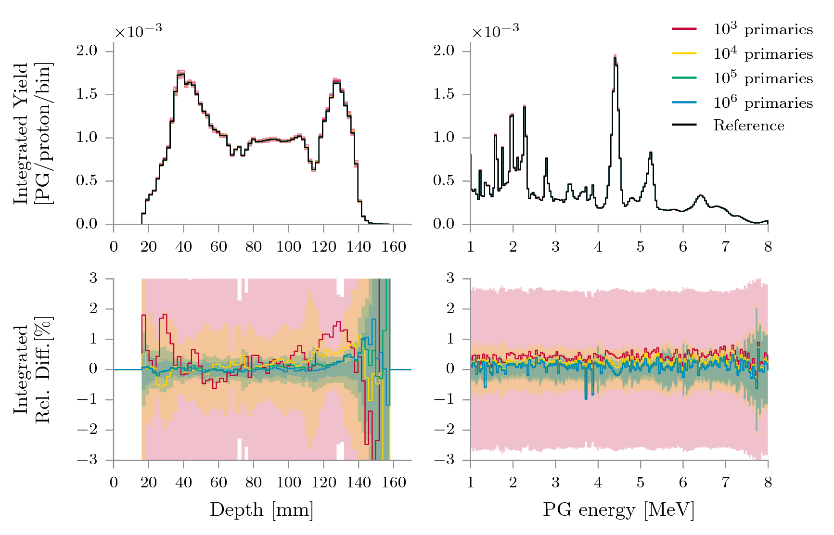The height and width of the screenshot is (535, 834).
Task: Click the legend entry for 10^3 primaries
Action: pyautogui.click(x=763, y=30)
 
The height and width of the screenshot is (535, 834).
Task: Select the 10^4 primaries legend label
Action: pyautogui.click(x=763, y=54)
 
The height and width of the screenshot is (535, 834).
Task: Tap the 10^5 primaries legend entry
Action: pyautogui.click(x=763, y=78)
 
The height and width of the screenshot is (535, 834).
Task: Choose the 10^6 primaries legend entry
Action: pyautogui.click(x=763, y=102)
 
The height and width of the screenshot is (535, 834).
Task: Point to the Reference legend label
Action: pyautogui.click(x=748, y=126)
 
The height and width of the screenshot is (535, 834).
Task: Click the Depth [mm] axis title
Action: pyautogui.click(x=261, y=510)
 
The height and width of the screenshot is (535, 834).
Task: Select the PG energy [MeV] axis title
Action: pyautogui.click(x=618, y=510)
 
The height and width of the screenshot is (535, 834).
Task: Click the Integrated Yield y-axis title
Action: pyautogui.click(x=33, y=133)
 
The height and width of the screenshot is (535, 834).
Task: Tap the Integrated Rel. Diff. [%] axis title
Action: pyautogui.click(x=33, y=369)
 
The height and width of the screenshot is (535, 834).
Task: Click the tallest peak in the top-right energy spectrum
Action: pyautogui.click(x=615, y=57)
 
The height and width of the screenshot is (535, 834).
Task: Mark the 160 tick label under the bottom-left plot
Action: pyautogui.click(x=394, y=483)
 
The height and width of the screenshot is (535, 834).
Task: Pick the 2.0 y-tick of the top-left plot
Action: pyautogui.click(x=87, y=51)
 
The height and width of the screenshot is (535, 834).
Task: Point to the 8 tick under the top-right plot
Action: pyautogui.click(x=768, y=247)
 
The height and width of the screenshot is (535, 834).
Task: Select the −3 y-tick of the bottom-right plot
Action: pyautogui.click(x=444, y=460)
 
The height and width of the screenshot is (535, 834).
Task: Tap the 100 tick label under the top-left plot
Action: pyautogui.click(x=288, y=247)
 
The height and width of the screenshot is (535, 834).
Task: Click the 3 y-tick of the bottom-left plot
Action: pyautogui.click(x=93, y=278)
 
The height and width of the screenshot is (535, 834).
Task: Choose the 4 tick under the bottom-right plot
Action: pyautogui.click(x=598, y=483)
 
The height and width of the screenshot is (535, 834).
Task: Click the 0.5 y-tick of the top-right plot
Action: pyautogui.click(x=444, y=181)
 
